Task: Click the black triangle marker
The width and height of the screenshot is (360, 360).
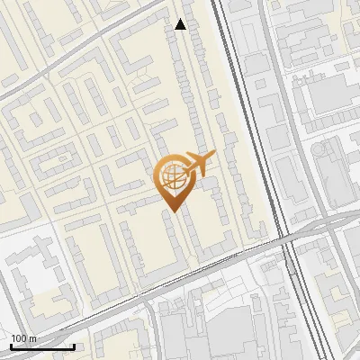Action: (x=181, y=24)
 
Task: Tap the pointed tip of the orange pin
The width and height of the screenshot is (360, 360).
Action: (x=171, y=210)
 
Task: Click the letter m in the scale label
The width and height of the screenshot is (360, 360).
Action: (x=33, y=338)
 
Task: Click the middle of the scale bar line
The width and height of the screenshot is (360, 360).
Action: (x=42, y=346)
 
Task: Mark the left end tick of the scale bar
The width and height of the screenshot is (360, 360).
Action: (x=11, y=346)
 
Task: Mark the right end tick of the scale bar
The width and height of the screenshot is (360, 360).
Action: (x=74, y=346)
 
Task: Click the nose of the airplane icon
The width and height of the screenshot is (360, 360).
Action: (x=213, y=158)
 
